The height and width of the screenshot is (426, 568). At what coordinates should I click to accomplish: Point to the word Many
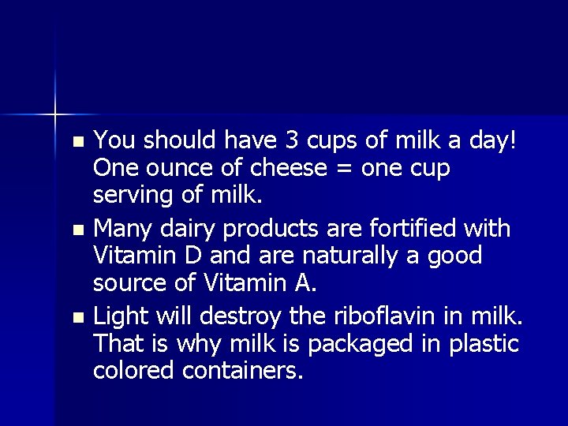coord(120,230)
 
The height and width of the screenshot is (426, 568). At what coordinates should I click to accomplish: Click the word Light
coord(119,316)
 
